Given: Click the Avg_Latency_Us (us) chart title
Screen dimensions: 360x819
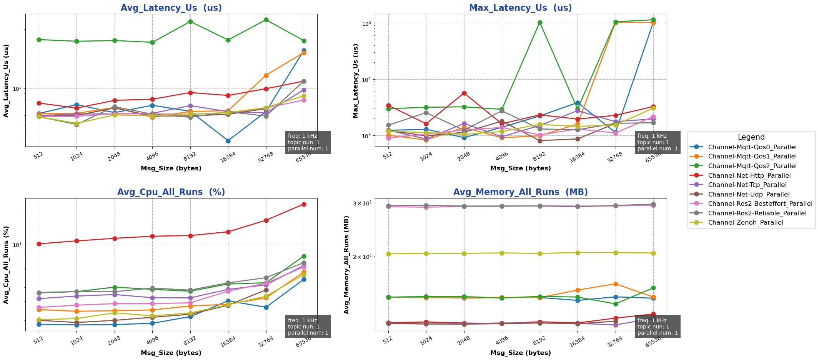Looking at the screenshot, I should coord(171,8).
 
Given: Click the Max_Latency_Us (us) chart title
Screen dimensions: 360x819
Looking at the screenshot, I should coord(520,8).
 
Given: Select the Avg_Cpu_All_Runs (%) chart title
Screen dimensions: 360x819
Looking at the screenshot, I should coord(171,192).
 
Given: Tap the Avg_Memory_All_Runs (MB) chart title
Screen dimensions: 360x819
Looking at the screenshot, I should coord(520,192).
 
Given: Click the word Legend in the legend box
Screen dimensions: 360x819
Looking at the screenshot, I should coord(751,137).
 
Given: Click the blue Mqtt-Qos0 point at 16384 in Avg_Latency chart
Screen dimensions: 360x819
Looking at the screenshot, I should coord(228,141).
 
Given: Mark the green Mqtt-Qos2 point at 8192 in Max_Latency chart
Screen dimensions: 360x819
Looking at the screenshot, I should coord(540,23).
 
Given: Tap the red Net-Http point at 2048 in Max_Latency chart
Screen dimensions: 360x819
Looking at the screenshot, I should coord(464,93).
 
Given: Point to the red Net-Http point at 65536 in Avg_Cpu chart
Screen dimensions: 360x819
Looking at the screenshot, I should coord(304,204).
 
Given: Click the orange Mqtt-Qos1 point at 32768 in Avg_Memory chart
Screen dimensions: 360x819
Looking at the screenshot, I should coord(616,284).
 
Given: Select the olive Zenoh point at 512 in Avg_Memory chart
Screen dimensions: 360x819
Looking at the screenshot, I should coord(388,254).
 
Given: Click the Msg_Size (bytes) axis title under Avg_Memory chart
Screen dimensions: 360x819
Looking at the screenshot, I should coord(520,353).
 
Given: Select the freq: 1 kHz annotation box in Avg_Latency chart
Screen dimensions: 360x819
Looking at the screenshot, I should coord(308,142).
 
